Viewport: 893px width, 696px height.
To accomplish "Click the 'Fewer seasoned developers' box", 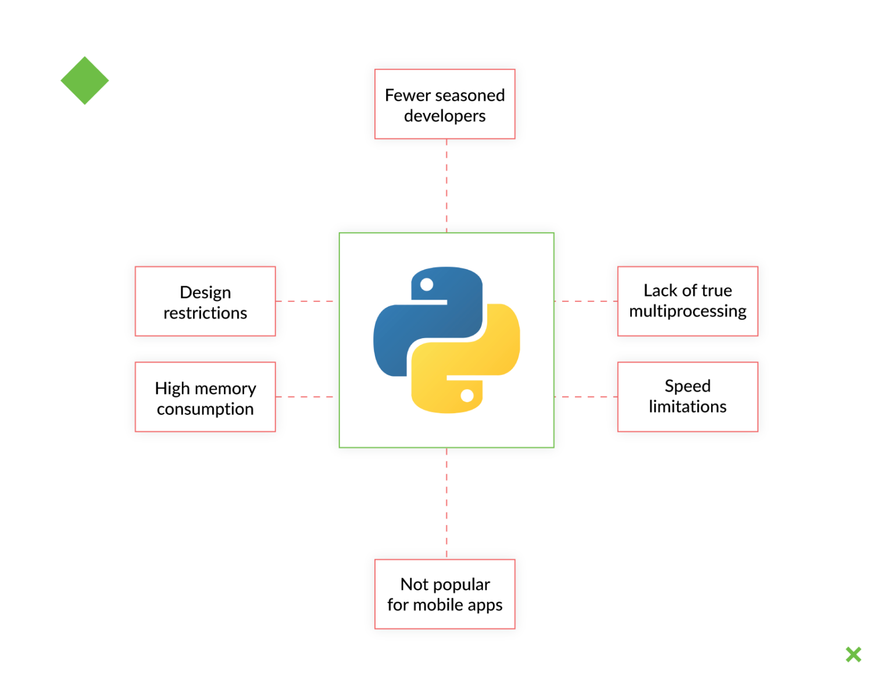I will click(x=445, y=104).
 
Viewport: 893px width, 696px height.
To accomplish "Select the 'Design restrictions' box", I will click(x=205, y=301).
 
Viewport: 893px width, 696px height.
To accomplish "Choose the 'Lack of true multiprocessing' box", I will click(x=688, y=301).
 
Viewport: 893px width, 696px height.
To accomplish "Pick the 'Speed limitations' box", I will click(x=688, y=397).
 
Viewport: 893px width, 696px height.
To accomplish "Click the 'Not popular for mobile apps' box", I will click(x=445, y=594).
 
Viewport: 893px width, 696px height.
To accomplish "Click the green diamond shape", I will click(x=85, y=81).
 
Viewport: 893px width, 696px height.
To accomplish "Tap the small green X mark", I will click(x=853, y=655).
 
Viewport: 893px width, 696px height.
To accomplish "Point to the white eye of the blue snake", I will click(x=427, y=285).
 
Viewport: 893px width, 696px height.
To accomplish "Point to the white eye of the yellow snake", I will click(x=467, y=396).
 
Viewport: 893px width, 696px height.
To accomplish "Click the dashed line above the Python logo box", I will click(x=446, y=186).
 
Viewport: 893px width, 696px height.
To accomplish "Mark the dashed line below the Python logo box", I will click(x=446, y=503).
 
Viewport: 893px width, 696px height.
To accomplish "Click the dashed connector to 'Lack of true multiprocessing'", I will click(x=585, y=301).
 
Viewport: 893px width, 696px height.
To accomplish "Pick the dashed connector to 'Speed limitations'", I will click(x=585, y=397).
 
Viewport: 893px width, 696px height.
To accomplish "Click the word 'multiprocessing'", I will click(x=688, y=312).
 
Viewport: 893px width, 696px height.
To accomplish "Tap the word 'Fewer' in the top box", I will click(x=408, y=95).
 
